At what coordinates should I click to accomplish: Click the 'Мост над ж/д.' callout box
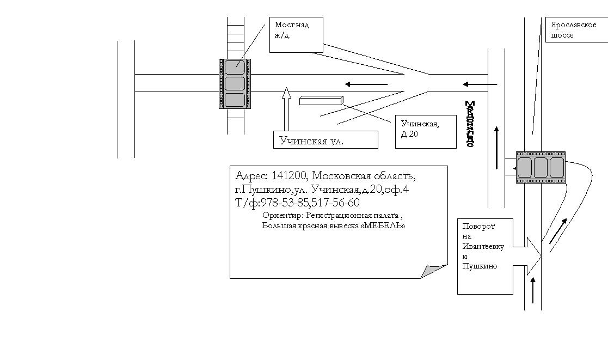[296, 34]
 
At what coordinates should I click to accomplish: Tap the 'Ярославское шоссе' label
[573, 30]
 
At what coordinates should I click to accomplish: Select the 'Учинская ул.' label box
[325, 140]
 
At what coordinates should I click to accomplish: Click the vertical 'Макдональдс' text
[470, 124]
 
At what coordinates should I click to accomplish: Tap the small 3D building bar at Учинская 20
[321, 100]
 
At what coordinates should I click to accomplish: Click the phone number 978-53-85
[284, 203]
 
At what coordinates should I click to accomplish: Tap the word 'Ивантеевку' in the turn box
[483, 246]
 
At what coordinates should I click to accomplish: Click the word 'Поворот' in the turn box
[478, 226]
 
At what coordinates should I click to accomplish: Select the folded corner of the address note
[433, 271]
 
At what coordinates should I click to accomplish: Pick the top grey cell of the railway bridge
[235, 67]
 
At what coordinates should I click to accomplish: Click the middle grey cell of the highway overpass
[541, 167]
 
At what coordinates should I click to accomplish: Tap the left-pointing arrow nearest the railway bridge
[366, 84]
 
